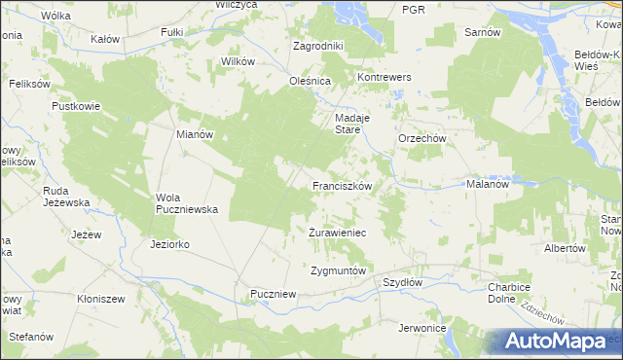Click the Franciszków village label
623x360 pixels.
tap(341, 184)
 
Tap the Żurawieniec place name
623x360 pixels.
tap(337, 234)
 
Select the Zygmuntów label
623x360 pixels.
tap(337, 270)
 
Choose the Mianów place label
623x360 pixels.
tap(195, 134)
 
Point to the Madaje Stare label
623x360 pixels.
tap(348, 123)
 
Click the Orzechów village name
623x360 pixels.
tap(421, 138)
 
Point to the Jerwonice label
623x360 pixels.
tap(421, 328)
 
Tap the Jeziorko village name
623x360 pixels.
tap(170, 244)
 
